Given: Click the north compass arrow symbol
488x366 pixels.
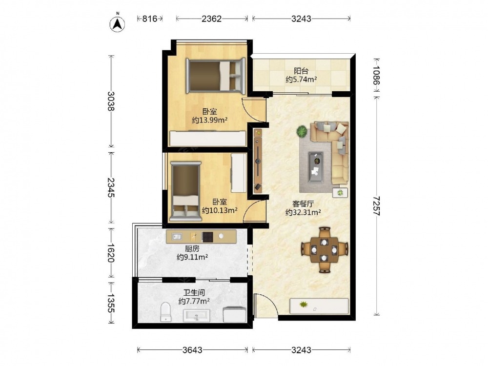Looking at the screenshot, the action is pyautogui.click(x=117, y=23).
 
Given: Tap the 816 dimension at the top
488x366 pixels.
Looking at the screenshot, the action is pyautogui.click(x=150, y=19).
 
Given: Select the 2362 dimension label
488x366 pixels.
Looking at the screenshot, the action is pyautogui.click(x=212, y=19).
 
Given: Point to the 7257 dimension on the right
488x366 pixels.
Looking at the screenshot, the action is pyautogui.click(x=377, y=206).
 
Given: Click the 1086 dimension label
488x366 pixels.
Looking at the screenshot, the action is pyautogui.click(x=377, y=75).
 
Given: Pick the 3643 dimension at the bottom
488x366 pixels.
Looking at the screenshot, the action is pyautogui.click(x=192, y=350).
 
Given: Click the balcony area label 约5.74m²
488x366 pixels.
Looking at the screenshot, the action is pyautogui.click(x=301, y=80).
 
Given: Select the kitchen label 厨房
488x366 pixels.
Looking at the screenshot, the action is pyautogui.click(x=192, y=249).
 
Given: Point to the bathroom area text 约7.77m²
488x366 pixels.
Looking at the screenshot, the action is pyautogui.click(x=194, y=301).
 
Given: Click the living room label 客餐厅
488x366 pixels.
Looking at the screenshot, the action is pyautogui.click(x=303, y=204).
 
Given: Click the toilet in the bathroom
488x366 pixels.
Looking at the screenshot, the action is pyautogui.click(x=165, y=312).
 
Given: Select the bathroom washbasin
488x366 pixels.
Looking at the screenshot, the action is pyautogui.click(x=196, y=316).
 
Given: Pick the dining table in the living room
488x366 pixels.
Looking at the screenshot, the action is pyautogui.click(x=325, y=250).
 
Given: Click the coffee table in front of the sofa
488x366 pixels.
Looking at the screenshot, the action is pyautogui.click(x=316, y=167).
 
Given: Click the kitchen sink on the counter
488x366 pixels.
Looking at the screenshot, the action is pyautogui.click(x=177, y=237).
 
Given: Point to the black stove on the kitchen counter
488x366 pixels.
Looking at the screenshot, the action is pyautogui.click(x=207, y=237).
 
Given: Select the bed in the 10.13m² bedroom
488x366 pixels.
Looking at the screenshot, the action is pyautogui.click(x=185, y=191).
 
